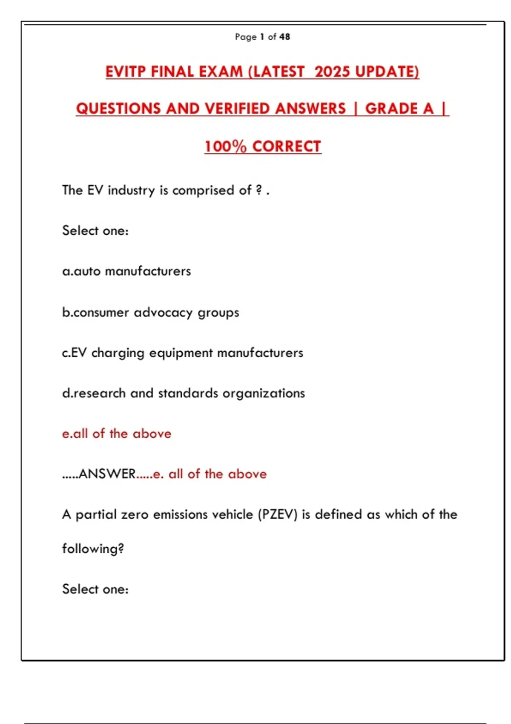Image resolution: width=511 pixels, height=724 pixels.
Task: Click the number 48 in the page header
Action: click(285, 37)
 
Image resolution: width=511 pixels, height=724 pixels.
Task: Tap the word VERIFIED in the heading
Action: click(310, 109)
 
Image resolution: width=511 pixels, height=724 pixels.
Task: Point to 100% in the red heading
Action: click(225, 147)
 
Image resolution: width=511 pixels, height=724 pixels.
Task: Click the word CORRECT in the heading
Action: click(287, 147)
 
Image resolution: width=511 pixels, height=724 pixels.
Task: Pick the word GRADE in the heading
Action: click(391, 109)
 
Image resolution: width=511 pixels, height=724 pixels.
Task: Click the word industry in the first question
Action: click(131, 190)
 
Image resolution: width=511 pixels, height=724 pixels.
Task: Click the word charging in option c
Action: click(118, 353)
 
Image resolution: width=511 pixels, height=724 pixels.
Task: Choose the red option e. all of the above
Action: click(117, 434)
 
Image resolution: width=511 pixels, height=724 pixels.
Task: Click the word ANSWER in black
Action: click(107, 474)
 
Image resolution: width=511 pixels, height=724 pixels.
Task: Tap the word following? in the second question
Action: click(93, 549)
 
